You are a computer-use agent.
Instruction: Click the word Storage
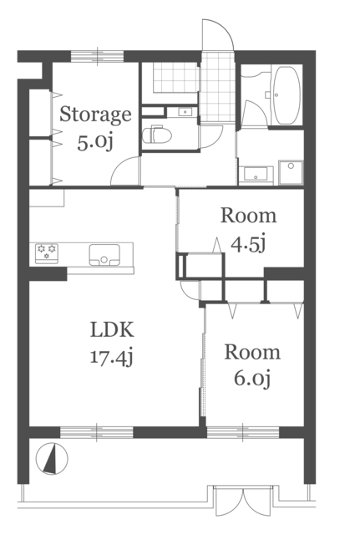tap(95, 115)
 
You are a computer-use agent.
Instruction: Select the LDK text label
tap(112, 330)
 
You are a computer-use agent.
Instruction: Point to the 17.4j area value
tap(111, 358)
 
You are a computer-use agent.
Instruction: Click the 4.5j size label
tap(248, 244)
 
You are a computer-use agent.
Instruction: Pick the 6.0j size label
tap(252, 379)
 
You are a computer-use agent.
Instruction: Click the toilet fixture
tap(156, 135)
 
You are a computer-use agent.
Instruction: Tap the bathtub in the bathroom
tap(287, 95)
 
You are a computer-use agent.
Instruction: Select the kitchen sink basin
tap(104, 255)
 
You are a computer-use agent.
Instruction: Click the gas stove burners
tap(47, 253)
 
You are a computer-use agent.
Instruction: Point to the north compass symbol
tap(52, 458)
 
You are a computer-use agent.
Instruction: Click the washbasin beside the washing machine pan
tap(256, 174)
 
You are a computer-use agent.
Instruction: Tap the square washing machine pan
tap(291, 172)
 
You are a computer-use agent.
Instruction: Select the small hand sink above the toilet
tap(185, 111)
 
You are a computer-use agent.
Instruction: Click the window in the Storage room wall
tap(97, 56)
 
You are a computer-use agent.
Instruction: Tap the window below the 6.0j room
tap(243, 432)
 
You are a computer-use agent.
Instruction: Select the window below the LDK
tap(97, 432)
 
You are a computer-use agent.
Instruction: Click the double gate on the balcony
tap(243, 502)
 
